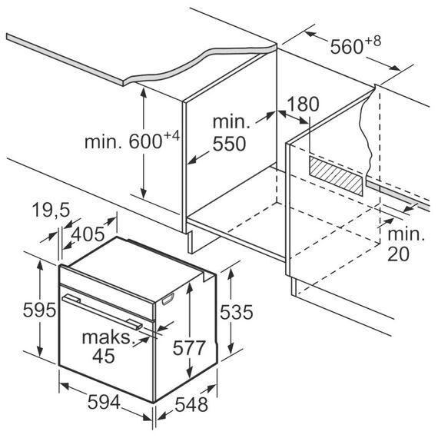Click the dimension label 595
click(39, 310)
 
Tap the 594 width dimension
click(104, 402)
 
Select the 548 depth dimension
click(191, 404)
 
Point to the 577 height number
click(189, 348)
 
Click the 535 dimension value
click(237, 312)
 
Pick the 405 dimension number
click(88, 234)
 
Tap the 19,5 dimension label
click(51, 210)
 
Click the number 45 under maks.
click(104, 356)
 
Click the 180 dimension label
click(303, 104)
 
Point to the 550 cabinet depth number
click(229, 144)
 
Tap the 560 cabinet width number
click(347, 47)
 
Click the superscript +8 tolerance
click(373, 41)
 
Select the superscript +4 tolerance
click(171, 136)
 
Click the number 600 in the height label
click(145, 141)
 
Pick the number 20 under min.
click(398, 254)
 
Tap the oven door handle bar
click(102, 311)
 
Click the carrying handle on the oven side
click(168, 299)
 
